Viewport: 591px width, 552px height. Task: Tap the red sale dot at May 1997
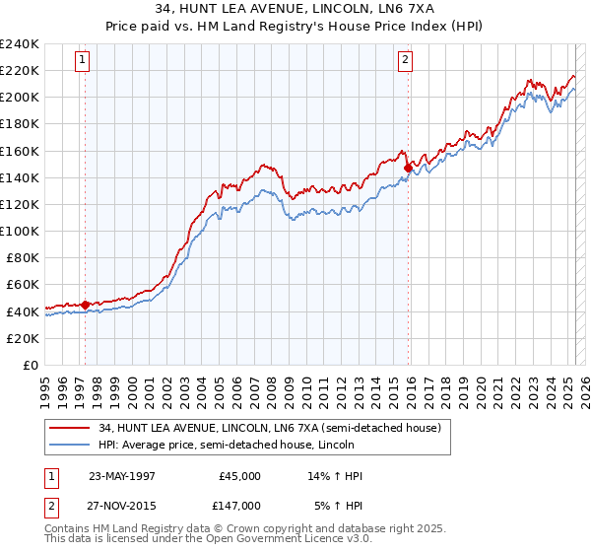point(86,305)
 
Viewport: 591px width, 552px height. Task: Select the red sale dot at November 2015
point(408,169)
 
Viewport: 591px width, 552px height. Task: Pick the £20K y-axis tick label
point(23,338)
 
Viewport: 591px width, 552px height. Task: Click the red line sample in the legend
point(69,428)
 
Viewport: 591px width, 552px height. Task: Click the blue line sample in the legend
point(69,445)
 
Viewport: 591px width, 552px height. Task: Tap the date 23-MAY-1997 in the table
point(123,476)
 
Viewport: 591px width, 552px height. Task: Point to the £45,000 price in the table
point(237,476)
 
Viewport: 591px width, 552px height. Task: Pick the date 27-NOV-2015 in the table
point(123,505)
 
